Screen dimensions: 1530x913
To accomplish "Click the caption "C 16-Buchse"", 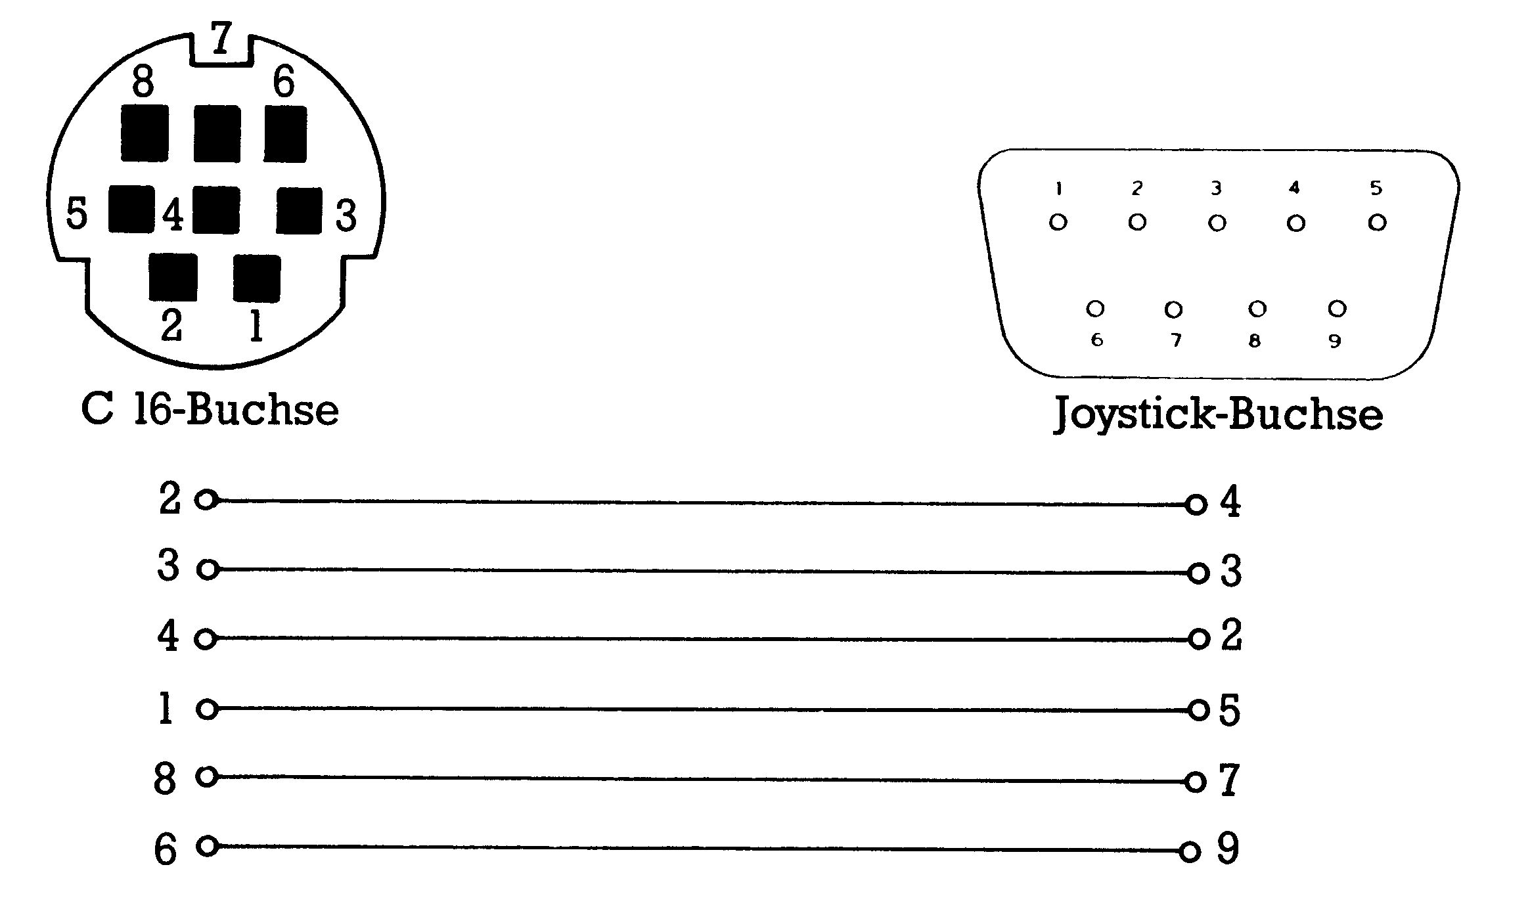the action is (210, 409).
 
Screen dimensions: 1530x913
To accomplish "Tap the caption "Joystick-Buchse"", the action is (1219, 414).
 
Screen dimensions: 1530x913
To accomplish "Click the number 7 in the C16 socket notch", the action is (221, 38).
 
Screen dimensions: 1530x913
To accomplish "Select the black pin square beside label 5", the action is (131, 209).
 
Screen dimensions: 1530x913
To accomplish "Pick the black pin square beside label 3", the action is (299, 210).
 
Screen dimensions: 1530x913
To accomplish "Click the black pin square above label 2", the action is (173, 277).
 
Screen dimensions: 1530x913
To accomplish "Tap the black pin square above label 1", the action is (257, 278).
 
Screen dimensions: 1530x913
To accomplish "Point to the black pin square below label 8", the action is (145, 133).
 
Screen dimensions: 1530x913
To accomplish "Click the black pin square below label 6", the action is (285, 134).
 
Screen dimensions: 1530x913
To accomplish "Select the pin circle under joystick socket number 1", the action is (1058, 222).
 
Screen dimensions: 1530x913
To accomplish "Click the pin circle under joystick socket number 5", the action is (1377, 223).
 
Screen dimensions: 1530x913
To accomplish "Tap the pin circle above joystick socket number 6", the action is (1095, 308).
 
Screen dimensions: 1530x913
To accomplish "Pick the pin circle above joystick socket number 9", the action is (1337, 308).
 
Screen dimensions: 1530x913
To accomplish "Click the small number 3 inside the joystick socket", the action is (1216, 189).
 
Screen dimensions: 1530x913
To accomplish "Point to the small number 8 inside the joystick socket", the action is (1255, 340).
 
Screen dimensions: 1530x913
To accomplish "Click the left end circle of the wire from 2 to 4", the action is (206, 500).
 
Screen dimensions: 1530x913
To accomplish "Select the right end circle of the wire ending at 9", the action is (1190, 852).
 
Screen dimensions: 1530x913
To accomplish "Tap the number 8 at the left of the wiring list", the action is (165, 778).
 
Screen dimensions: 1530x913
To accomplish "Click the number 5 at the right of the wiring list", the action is (1230, 710).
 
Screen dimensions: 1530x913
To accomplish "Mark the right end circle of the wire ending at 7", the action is (1196, 782).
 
